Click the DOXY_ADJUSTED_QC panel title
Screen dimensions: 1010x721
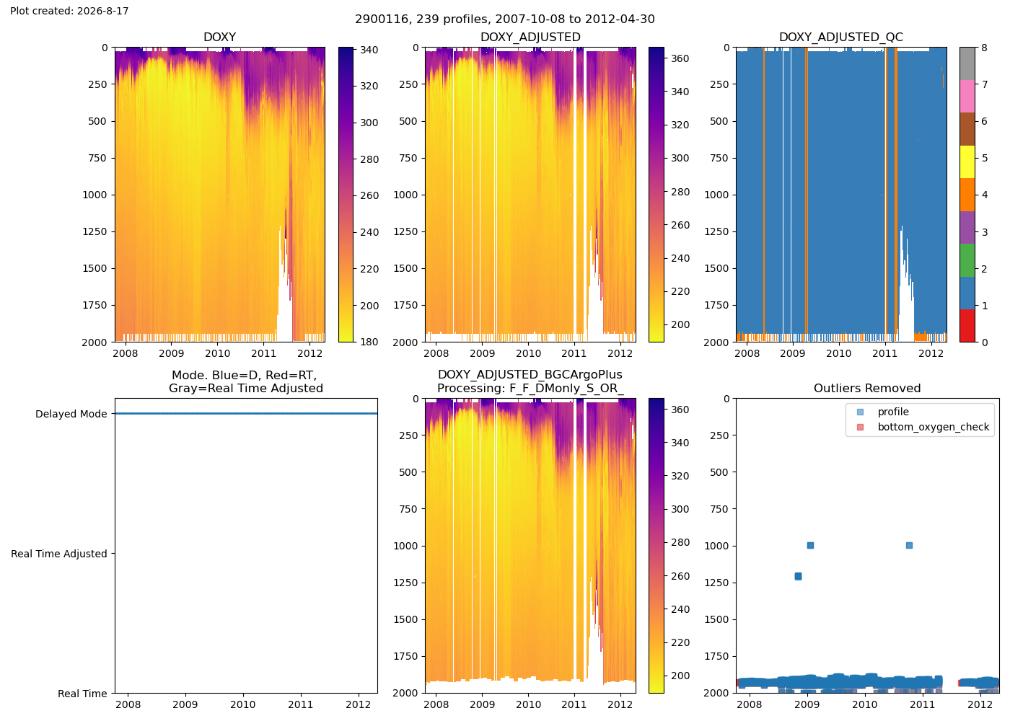(841, 37)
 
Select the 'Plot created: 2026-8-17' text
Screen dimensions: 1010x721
(69, 11)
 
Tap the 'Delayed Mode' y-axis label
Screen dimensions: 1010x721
(71, 414)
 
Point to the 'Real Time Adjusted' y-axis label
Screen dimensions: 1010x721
(59, 554)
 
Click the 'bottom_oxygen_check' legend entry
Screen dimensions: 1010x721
(933, 427)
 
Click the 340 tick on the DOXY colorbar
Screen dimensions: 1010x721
(369, 50)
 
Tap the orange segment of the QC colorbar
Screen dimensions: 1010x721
(967, 195)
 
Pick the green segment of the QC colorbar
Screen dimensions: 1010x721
(967, 260)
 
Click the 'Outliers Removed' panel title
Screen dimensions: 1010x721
(867, 388)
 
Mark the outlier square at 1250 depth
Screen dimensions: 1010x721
(798, 576)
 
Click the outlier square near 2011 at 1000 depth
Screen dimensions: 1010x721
(910, 545)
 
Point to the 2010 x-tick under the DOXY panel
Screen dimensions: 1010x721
(217, 353)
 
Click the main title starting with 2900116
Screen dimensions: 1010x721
(505, 19)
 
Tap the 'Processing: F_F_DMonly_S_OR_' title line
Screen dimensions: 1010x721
(530, 388)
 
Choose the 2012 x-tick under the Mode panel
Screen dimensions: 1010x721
(359, 704)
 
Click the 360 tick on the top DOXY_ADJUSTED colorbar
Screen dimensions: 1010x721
(680, 58)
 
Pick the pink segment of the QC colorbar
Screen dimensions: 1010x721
(967, 97)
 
